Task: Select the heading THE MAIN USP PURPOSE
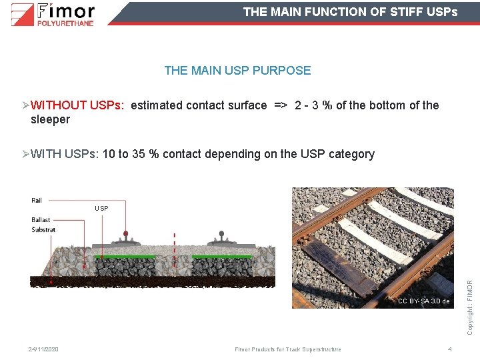click(237, 70)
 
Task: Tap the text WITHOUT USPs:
click(77, 105)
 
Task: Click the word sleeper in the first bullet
click(50, 120)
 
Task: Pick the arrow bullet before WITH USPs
click(25, 155)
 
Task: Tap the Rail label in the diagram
click(37, 200)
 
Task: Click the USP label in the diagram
click(101, 209)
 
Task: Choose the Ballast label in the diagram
click(41, 220)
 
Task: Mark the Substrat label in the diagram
click(43, 229)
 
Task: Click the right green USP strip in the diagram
click(222, 256)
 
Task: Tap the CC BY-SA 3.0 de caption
click(423, 301)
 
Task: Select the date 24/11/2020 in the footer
click(43, 349)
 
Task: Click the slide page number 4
click(450, 349)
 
